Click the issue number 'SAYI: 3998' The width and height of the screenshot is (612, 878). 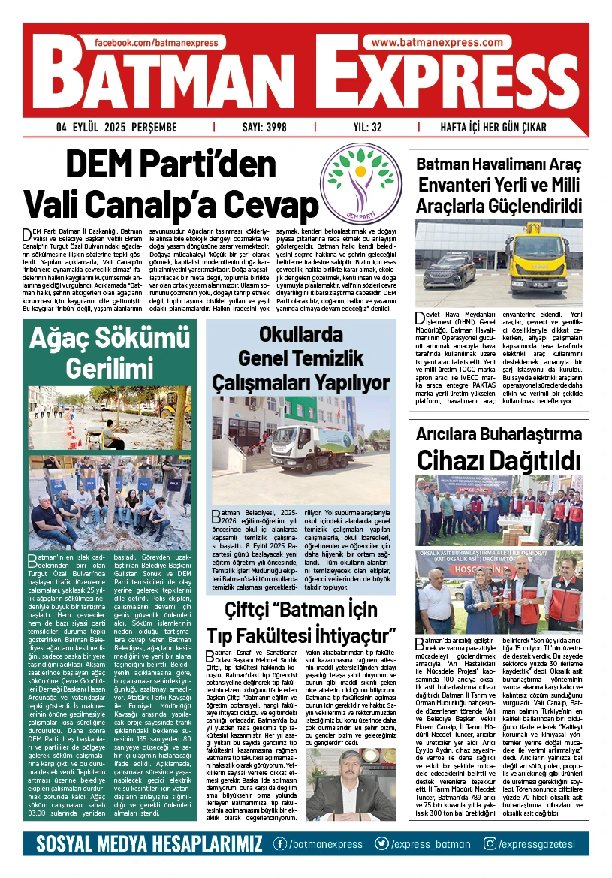point(264,127)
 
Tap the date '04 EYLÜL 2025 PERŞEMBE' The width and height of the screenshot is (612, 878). point(116,127)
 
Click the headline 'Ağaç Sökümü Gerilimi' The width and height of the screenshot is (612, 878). point(109,353)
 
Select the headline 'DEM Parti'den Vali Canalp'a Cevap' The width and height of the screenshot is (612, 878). point(170,184)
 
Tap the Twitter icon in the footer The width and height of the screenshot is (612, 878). point(382,844)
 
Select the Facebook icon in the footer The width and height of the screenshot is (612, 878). point(279,844)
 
